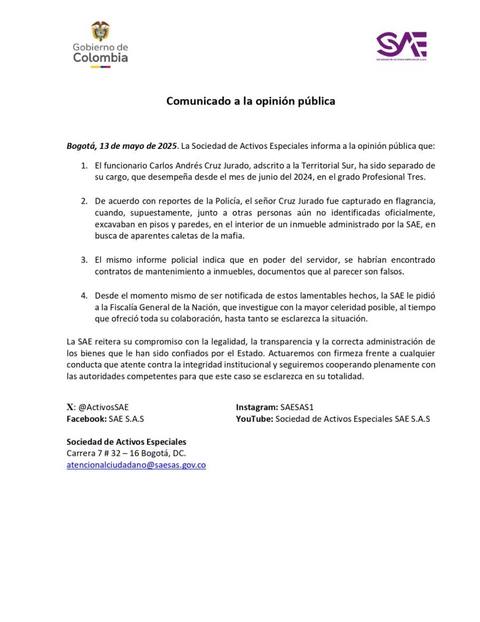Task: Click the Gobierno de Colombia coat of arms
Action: [x=100, y=32]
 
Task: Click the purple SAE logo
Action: [x=402, y=45]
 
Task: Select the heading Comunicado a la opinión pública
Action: [x=251, y=101]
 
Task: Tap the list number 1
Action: [x=84, y=166]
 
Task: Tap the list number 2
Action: [x=84, y=201]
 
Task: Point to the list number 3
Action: [x=84, y=260]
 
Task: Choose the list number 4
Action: [x=84, y=295]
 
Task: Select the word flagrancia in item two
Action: [x=412, y=201]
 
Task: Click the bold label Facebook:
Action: [x=86, y=419]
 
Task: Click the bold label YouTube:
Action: [x=254, y=419]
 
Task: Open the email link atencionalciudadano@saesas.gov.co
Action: [x=136, y=465]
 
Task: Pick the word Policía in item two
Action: [x=212, y=201]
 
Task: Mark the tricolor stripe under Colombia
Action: [x=100, y=67]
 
